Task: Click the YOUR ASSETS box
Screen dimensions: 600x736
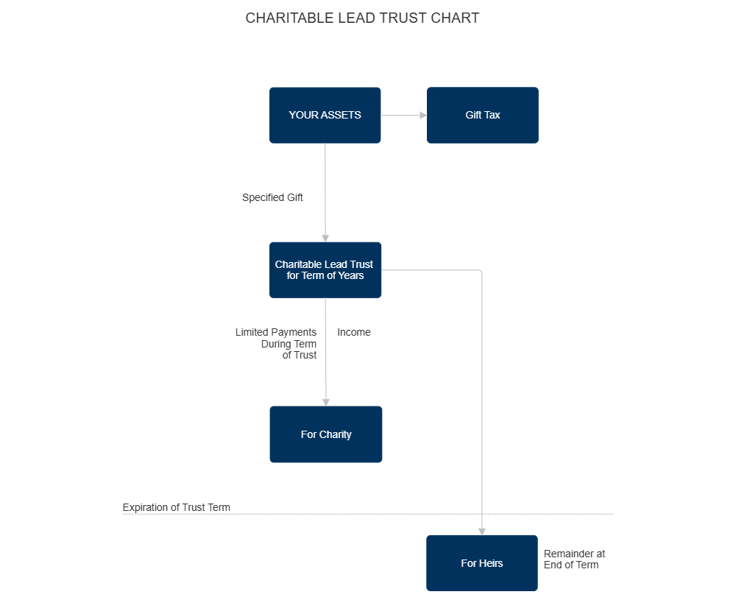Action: (325, 115)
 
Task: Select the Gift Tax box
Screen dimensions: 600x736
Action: (482, 115)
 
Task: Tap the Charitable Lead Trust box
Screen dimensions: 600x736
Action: (325, 269)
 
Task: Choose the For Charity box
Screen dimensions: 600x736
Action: (325, 434)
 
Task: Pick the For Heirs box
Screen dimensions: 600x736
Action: (481, 562)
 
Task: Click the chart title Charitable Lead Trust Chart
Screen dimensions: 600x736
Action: (361, 18)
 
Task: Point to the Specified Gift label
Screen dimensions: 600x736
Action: (272, 197)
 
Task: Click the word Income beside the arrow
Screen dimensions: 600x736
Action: (353, 332)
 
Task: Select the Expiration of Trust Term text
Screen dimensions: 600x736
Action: (176, 507)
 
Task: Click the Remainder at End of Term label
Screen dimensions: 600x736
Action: (573, 559)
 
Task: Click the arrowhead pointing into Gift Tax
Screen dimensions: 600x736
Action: (422, 115)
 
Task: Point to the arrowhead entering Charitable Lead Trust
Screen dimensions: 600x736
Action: (325, 238)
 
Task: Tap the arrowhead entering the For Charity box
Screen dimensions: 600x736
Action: (325, 402)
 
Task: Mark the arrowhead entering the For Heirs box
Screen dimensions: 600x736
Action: (481, 531)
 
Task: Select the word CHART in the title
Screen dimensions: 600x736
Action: (456, 18)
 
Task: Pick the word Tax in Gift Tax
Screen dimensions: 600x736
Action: (492, 115)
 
